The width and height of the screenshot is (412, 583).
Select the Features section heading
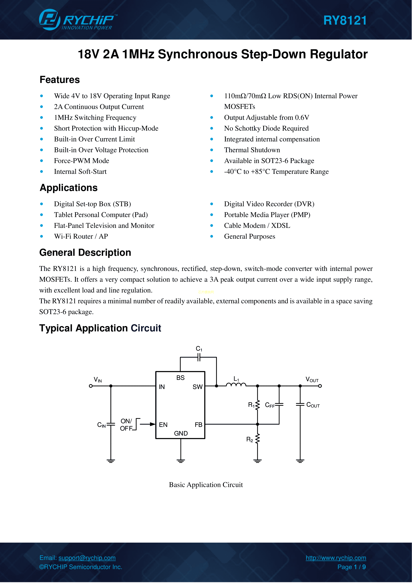(x=60, y=80)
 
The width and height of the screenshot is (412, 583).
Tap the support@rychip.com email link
(x=87, y=558)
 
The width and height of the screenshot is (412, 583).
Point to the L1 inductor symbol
(x=236, y=385)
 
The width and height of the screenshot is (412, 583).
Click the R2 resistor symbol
(x=258, y=439)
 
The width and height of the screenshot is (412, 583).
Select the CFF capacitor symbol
(x=279, y=405)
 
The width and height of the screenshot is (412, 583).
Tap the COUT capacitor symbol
(x=300, y=405)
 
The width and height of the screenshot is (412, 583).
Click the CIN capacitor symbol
(x=111, y=424)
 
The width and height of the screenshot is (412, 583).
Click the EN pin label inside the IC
(x=163, y=425)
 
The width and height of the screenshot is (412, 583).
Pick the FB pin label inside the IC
(x=198, y=425)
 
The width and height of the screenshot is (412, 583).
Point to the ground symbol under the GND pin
(x=181, y=461)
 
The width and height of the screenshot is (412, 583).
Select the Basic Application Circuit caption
(x=206, y=485)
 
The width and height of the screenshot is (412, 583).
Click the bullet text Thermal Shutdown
(x=252, y=150)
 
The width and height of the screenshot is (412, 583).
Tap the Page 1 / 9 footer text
(x=351, y=567)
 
